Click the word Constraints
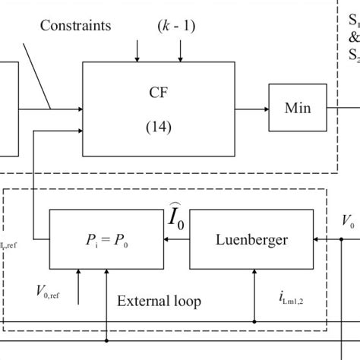[x=77, y=26]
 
